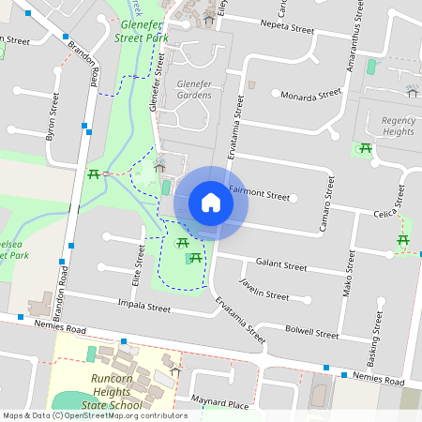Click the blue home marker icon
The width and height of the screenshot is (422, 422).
click(x=210, y=203)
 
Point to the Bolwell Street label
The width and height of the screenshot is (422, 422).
click(x=311, y=333)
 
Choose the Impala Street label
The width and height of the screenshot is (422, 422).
click(x=144, y=307)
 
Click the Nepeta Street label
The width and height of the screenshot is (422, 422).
click(x=287, y=29)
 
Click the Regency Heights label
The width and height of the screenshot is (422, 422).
click(x=398, y=126)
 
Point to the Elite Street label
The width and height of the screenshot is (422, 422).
click(x=138, y=263)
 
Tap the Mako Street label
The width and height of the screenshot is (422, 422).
click(x=347, y=278)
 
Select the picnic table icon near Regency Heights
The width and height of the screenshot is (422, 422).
click(x=365, y=148)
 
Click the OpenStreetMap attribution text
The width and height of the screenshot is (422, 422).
click(x=94, y=415)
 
